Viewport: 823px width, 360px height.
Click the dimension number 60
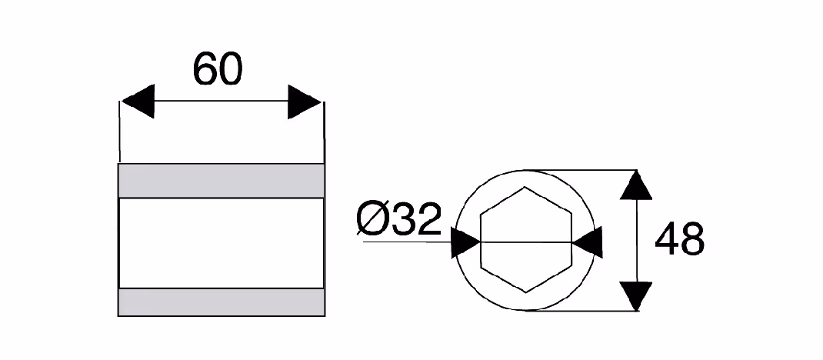pos(218,69)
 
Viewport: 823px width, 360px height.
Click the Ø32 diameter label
pos(399,218)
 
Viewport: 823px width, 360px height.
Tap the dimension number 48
pos(680,238)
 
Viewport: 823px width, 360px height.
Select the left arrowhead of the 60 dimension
pos(138,101)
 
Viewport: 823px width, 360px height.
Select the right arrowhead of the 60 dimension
pos(305,102)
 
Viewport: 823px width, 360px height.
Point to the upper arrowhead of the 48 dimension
pos(636,185)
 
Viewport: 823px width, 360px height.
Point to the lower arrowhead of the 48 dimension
pos(636,296)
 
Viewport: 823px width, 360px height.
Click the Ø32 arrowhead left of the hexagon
pos(465,242)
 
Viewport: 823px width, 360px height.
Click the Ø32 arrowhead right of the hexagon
pos(587,242)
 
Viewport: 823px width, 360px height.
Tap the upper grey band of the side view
pos(222,181)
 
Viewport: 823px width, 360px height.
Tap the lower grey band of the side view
pos(222,302)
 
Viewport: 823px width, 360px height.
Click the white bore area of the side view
pos(222,244)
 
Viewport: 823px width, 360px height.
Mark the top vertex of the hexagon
pos(525,187)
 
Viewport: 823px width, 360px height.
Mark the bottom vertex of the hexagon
pos(526,292)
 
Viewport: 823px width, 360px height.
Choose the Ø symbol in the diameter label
pos(374,218)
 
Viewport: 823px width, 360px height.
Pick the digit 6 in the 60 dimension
pos(205,69)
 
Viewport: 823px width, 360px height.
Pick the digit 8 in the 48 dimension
pos(693,238)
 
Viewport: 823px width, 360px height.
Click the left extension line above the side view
pos(120,132)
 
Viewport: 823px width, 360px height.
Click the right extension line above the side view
pos(324,132)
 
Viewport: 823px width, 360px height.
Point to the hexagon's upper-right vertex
pos(571,213)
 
